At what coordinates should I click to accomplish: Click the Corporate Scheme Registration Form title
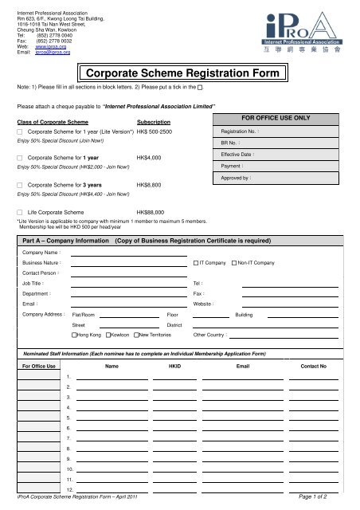pos(182,74)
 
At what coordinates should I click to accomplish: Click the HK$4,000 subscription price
pos(150,158)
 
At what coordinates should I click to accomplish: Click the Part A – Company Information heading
pos(65,238)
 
